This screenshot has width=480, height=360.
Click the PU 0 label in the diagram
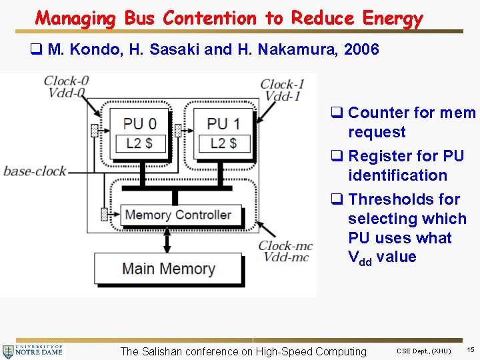[140, 123]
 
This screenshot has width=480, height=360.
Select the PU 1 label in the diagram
[223, 123]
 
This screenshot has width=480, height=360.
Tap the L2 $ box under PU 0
[137, 143]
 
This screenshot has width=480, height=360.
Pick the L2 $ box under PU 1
[223, 143]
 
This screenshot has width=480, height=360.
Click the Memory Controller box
[177, 215]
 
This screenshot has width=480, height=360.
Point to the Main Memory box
[168, 269]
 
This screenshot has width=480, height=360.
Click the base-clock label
[35, 171]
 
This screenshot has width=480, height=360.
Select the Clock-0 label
[66, 81]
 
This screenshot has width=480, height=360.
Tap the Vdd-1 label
[282, 96]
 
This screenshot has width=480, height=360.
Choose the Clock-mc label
[285, 246]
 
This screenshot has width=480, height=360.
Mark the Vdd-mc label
[286, 257]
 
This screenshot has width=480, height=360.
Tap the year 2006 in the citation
[361, 49]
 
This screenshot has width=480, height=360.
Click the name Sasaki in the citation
[158, 49]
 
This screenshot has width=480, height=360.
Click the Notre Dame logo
[33, 350]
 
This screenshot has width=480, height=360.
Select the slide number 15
[471, 350]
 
